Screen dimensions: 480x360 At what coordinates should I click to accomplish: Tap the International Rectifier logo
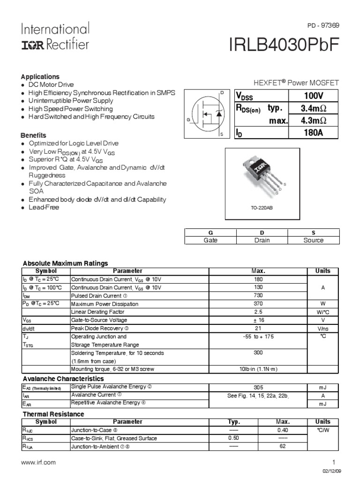tap(54, 37)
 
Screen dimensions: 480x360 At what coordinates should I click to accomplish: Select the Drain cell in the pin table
tap(263, 240)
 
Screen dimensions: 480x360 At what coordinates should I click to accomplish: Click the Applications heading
tap(40, 76)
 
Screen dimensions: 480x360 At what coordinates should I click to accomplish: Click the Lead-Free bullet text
tap(44, 207)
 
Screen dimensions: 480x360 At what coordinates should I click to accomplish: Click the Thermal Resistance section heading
tap(53, 414)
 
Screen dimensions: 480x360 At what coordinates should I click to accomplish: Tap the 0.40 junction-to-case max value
tap(282, 430)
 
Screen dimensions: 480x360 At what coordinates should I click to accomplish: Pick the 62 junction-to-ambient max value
tap(282, 447)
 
